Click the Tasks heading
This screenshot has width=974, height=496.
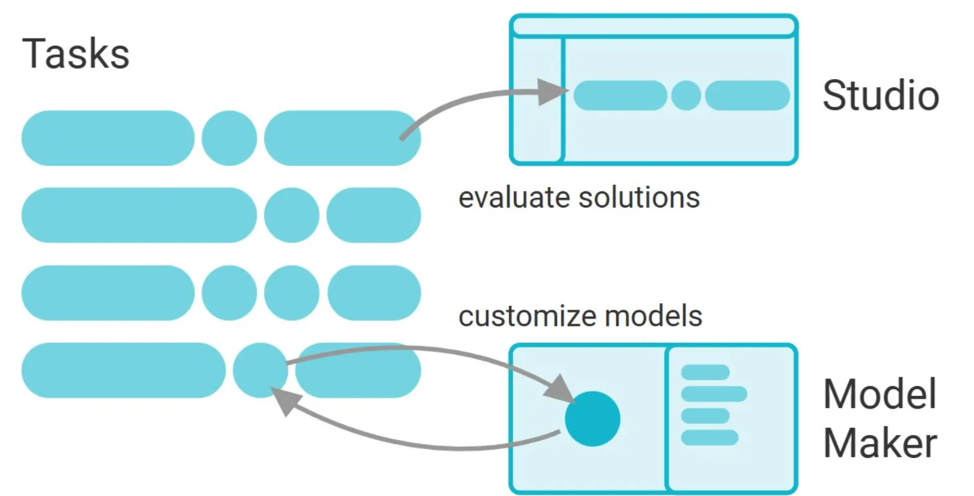[76, 53]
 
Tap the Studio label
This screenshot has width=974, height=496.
[881, 95]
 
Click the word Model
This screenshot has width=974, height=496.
[880, 394]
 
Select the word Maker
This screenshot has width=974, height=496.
[880, 443]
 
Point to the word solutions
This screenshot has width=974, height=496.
[639, 198]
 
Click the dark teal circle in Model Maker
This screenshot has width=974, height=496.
[592, 419]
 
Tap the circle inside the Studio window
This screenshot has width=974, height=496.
[686, 95]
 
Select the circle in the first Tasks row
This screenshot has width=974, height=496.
[229, 137]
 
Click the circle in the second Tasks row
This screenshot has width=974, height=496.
[291, 215]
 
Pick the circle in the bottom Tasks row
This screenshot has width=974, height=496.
[260, 370]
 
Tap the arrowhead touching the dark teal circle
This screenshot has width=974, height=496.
[560, 389]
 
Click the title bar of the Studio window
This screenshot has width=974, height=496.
[653, 26]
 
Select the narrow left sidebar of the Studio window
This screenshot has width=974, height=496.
[538, 100]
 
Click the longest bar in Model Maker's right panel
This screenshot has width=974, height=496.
[714, 394]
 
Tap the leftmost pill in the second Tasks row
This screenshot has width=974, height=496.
[139, 215]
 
